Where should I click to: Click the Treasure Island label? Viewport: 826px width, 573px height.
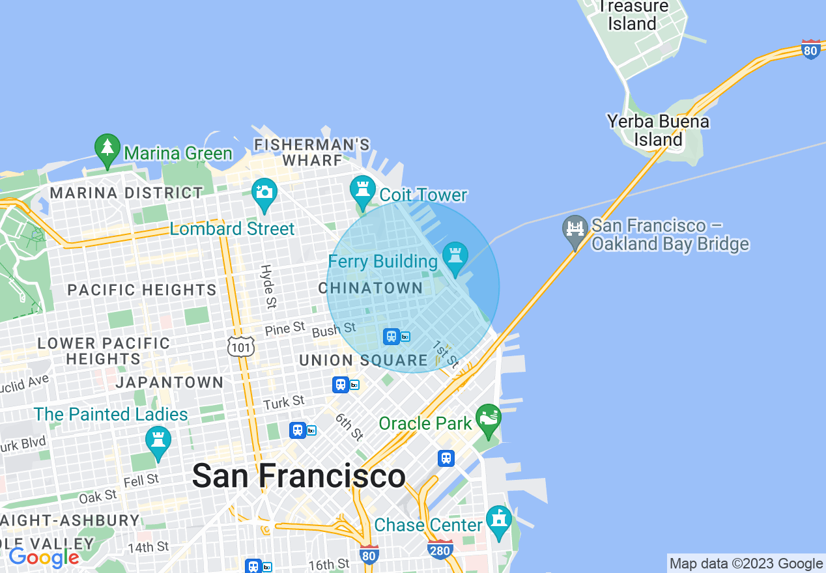coord(632,15)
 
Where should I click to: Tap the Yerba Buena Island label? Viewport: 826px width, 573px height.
coord(658,130)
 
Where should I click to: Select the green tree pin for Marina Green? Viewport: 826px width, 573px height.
coord(107,150)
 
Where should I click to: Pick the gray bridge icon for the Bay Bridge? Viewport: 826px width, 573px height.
coord(575,231)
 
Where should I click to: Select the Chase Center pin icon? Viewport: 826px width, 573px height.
coord(499,522)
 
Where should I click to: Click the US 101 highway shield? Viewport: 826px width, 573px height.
coord(240,346)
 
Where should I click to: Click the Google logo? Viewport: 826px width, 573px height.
coord(44,557)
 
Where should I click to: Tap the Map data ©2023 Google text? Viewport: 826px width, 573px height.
coord(747,564)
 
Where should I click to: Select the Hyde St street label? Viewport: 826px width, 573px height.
coord(267,286)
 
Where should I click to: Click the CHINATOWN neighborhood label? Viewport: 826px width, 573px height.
coord(371,288)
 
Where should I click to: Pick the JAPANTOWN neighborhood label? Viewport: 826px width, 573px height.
coord(169,382)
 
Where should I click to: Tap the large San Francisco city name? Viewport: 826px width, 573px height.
coord(299,476)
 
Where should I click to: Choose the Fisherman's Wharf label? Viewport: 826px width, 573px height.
coord(312,152)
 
